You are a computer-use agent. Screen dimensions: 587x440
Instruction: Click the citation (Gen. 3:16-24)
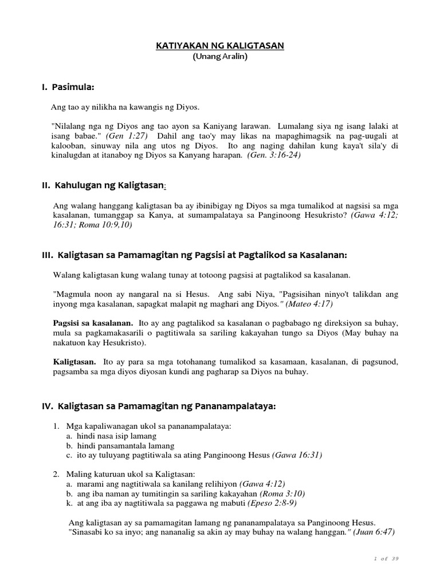pyautogui.click(x=274, y=156)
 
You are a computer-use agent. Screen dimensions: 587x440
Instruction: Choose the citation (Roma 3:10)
pyautogui.click(x=282, y=493)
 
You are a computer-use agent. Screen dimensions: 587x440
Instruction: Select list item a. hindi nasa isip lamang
pyautogui.click(x=108, y=436)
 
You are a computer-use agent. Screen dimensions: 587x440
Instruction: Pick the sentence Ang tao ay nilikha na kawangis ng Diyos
pyautogui.click(x=126, y=107)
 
